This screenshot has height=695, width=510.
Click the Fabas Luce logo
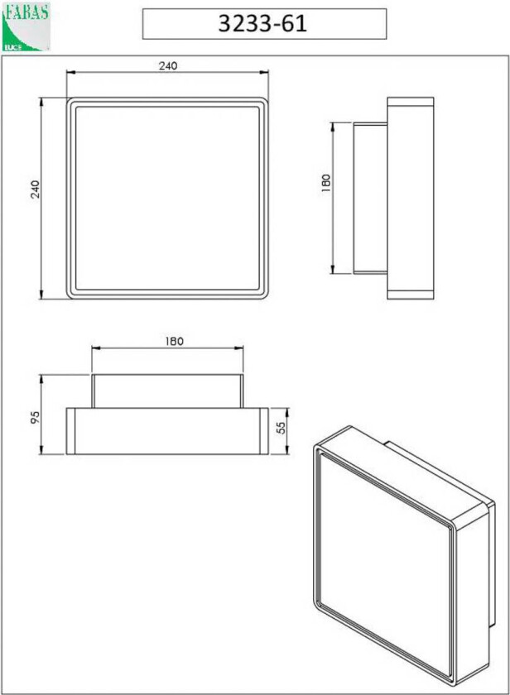point(26,27)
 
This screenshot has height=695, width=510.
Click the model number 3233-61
point(263,24)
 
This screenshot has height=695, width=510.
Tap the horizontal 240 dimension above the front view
point(168,66)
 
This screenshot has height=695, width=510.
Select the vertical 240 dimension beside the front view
point(35,189)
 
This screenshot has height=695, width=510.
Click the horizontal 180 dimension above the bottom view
point(173,340)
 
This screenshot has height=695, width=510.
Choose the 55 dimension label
point(281,429)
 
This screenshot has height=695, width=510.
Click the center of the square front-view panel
point(169,199)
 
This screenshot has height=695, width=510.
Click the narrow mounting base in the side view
point(370,199)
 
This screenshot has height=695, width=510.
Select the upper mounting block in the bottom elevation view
point(168,391)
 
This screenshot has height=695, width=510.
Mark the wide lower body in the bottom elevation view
point(168,430)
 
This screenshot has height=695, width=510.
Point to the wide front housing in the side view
point(411,199)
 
